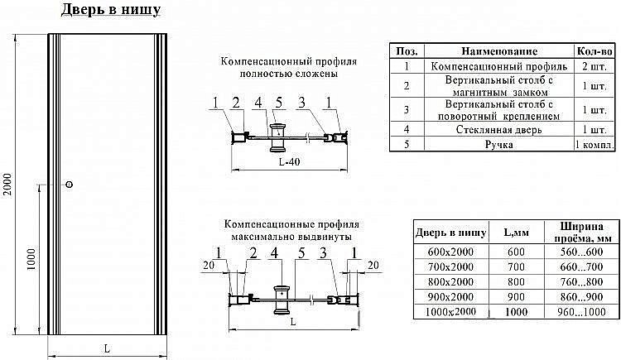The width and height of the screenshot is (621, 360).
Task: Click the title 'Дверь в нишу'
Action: [111, 11]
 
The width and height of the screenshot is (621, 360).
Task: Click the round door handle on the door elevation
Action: [70, 184]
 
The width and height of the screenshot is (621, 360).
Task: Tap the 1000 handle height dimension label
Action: [31, 259]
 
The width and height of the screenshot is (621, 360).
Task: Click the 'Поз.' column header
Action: [407, 51]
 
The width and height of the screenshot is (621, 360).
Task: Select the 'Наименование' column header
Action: [499, 51]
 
